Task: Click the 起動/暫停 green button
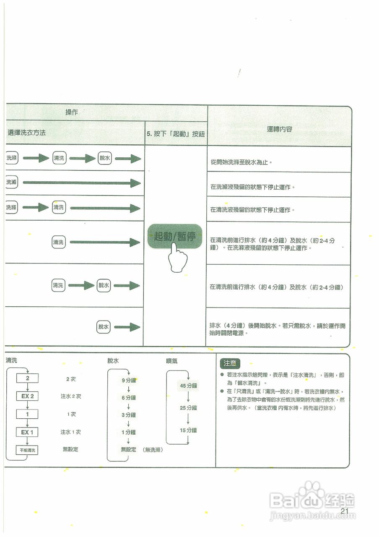175,236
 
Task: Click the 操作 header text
72,112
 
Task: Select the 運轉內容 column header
280,129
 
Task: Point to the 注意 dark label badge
230,363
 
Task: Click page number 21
345,511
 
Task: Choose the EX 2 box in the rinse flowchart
27,396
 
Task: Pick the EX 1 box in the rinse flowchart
27,432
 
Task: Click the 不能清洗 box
27,450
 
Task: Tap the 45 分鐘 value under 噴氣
188,386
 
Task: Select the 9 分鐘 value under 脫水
129,380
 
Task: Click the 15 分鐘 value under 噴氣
188,430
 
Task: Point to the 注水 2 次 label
70,396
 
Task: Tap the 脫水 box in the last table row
104,327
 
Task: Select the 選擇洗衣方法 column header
27,133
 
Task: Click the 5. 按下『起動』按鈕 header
176,134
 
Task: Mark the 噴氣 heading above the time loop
172,361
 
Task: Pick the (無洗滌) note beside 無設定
153,450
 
